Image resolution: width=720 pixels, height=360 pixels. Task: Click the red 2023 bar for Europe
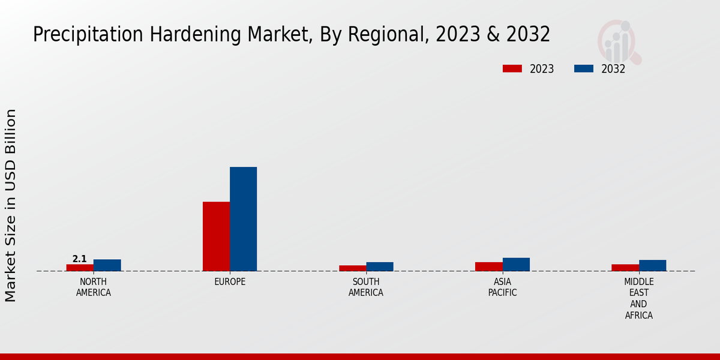click(x=216, y=236)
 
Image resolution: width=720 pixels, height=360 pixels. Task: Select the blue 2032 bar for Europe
click(x=243, y=219)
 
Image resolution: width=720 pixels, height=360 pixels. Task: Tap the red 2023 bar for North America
click(x=80, y=268)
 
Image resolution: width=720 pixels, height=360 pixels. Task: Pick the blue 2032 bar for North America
click(x=107, y=265)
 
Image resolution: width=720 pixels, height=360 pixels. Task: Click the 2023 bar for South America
click(x=352, y=268)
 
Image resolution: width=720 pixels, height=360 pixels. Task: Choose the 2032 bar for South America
click(x=380, y=266)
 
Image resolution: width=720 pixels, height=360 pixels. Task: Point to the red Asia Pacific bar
click(x=488, y=266)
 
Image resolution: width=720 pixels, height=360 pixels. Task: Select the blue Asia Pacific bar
click(x=516, y=265)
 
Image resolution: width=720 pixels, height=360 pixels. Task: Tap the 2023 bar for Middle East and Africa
click(x=625, y=268)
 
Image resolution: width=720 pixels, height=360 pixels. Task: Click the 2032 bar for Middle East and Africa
click(x=652, y=265)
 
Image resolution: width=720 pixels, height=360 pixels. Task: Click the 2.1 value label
click(x=79, y=259)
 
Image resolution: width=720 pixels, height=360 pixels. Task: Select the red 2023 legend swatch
click(x=512, y=68)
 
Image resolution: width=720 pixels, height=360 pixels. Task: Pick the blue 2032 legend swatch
click(x=583, y=68)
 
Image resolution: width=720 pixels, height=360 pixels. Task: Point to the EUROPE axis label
click(x=230, y=281)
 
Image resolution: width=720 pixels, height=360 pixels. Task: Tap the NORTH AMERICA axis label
click(x=93, y=287)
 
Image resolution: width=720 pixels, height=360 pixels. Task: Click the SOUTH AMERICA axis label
click(x=366, y=287)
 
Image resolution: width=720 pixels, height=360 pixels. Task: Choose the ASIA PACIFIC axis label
click(x=502, y=287)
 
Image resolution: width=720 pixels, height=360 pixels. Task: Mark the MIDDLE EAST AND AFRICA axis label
click(x=638, y=298)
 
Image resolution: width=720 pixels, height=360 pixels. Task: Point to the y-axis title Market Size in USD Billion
click(x=11, y=205)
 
